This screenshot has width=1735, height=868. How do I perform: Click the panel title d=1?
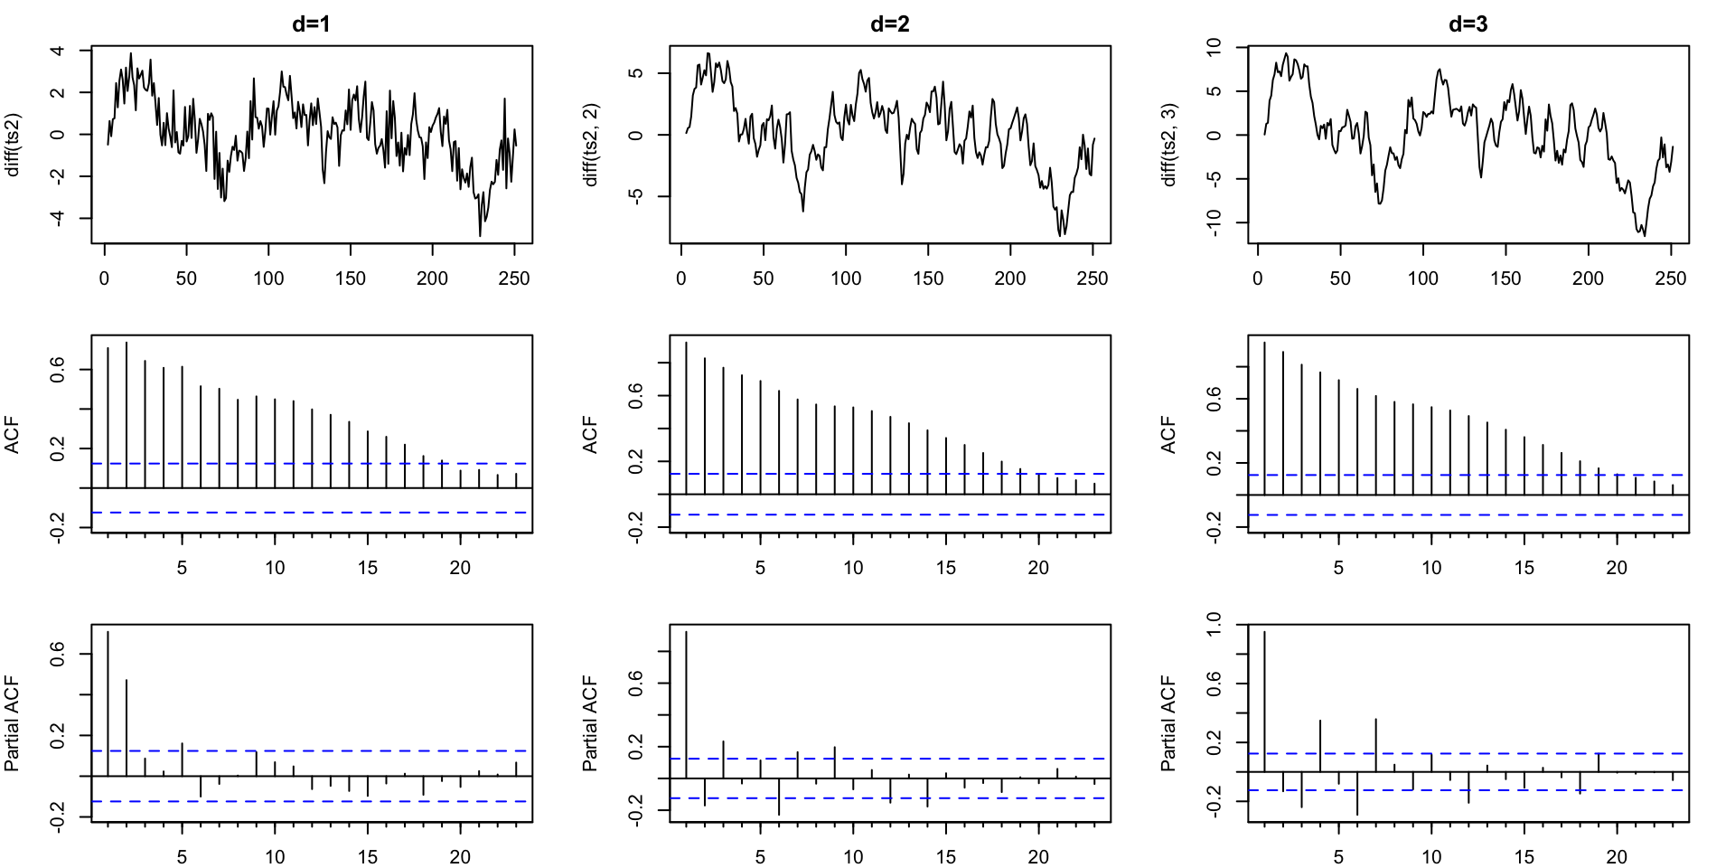pyautogui.click(x=311, y=24)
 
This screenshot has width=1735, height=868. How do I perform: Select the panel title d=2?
pyautogui.click(x=889, y=24)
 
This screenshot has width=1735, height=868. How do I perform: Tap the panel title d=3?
pyautogui.click(x=1468, y=24)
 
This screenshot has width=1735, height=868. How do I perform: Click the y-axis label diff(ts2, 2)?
pyautogui.click(x=591, y=146)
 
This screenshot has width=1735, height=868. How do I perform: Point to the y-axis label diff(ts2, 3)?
pyautogui.click(x=1169, y=146)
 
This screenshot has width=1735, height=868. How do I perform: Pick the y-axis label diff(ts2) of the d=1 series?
pyautogui.click(x=13, y=146)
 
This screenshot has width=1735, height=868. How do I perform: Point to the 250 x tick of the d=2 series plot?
pyautogui.click(x=1093, y=278)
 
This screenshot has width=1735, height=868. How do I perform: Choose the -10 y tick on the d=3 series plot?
pyautogui.click(x=1214, y=222)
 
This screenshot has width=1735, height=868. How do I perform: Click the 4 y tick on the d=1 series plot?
pyautogui.click(x=58, y=51)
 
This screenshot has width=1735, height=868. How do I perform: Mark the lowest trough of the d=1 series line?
pyautogui.click(x=480, y=236)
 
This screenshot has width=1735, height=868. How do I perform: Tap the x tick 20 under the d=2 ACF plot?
pyautogui.click(x=1038, y=568)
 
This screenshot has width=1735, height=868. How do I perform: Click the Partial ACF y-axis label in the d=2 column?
pyautogui.click(x=591, y=723)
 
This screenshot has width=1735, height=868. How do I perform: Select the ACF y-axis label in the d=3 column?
pyautogui.click(x=1169, y=435)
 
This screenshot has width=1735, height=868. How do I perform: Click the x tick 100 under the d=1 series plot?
pyautogui.click(x=268, y=278)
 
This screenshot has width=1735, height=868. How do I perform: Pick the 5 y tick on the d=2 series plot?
pyautogui.click(x=636, y=73)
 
